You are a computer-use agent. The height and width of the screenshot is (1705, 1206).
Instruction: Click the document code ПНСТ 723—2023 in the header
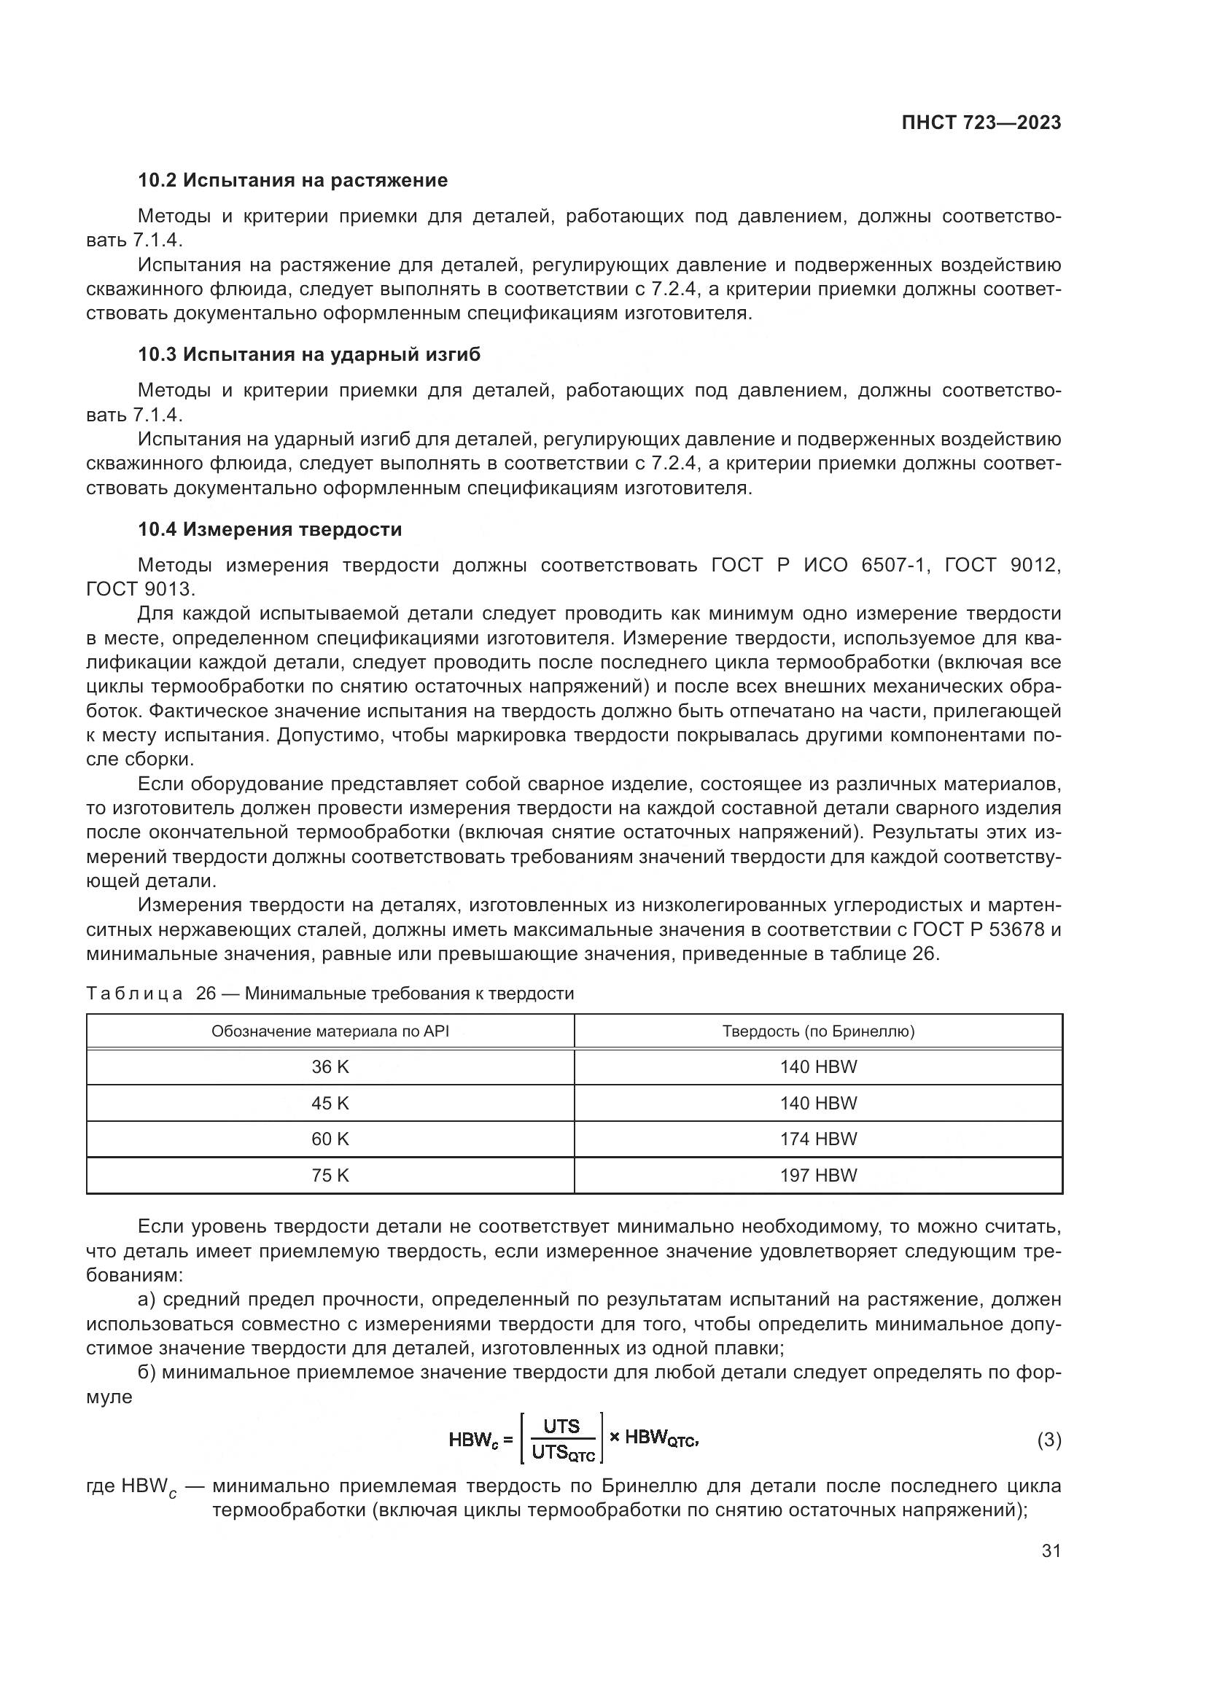click(981, 122)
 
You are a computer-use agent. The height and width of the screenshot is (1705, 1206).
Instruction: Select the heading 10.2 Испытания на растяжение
click(292, 181)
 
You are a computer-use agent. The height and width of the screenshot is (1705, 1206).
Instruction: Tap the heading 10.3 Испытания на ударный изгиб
click(309, 354)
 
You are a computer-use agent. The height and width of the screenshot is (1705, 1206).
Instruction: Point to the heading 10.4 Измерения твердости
click(270, 529)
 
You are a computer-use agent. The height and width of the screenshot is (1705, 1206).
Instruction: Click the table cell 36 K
click(330, 1067)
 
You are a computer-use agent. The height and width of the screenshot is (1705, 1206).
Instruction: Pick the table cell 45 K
click(330, 1104)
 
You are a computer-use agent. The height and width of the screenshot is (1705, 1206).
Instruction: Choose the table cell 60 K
click(330, 1139)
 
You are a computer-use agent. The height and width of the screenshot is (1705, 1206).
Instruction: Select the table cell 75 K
click(330, 1176)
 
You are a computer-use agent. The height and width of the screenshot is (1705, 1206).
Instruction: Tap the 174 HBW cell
click(818, 1139)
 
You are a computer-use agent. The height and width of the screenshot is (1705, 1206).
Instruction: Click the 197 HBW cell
click(818, 1176)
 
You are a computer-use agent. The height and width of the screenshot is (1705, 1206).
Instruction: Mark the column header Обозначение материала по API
click(330, 1031)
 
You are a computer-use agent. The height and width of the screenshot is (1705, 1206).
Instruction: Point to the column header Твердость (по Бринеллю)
click(818, 1031)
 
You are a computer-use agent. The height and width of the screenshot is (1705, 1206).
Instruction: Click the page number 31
click(1051, 1550)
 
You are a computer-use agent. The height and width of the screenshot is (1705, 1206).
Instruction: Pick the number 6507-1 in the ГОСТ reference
click(895, 566)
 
